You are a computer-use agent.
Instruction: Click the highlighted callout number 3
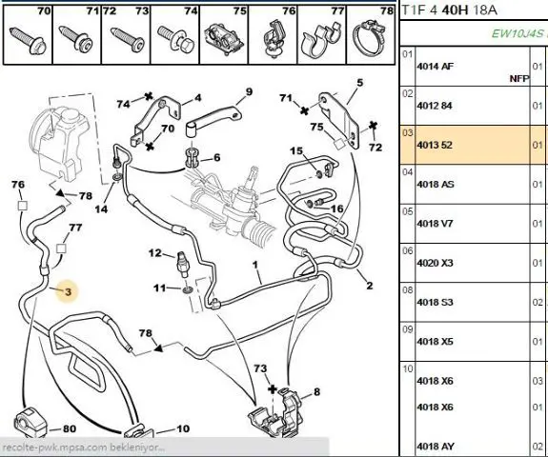click(x=69, y=291)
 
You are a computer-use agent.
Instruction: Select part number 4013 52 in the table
click(x=435, y=145)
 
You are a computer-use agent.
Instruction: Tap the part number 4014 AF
click(x=436, y=66)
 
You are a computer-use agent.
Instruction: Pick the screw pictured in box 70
click(x=28, y=41)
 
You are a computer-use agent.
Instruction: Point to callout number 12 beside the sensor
click(x=155, y=252)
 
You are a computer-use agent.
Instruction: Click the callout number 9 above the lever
click(x=249, y=92)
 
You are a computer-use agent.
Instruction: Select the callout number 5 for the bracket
click(x=360, y=83)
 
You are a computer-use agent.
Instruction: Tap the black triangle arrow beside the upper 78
click(x=60, y=192)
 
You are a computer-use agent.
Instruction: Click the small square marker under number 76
click(x=22, y=206)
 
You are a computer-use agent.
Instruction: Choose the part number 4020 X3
click(x=435, y=263)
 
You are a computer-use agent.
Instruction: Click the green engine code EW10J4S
click(x=518, y=33)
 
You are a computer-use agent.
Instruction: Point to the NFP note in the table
click(x=519, y=79)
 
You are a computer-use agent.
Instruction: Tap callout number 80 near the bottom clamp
click(x=70, y=428)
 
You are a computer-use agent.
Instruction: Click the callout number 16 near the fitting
click(x=337, y=209)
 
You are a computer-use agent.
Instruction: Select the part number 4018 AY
click(x=436, y=447)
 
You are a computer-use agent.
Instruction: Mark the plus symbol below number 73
click(x=272, y=389)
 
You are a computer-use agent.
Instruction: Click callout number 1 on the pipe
click(x=255, y=265)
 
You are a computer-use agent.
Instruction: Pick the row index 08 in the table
click(x=408, y=289)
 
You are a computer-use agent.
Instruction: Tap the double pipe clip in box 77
click(x=321, y=40)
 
